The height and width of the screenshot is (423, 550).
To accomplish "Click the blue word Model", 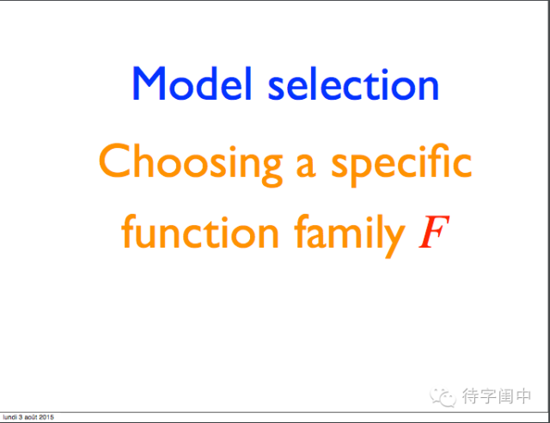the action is pos(192,83).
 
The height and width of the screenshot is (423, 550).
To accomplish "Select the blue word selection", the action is pos(353,84).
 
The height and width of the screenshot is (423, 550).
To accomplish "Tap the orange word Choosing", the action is pos(191,164).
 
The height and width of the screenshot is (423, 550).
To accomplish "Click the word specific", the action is pos(401,164).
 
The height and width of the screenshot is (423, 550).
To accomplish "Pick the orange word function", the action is pos(200,231).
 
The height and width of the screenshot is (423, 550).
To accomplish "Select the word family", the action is pos(350,236).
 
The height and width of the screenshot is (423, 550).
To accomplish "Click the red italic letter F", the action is pos(434,231).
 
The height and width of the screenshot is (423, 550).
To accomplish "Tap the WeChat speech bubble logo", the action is pos(443,397).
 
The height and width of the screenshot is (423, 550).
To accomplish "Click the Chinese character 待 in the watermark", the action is pos(470,396).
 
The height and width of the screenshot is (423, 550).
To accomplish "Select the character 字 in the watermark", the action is pos(488,396).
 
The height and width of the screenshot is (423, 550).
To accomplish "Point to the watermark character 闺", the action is pos(505,396).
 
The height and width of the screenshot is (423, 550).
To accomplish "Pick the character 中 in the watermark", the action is pos(523,396).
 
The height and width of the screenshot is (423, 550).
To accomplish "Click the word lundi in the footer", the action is pos(9,417).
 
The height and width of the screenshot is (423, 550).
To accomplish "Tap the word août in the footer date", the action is pos(31,417).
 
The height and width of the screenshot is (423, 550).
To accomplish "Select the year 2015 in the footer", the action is pos(46,417).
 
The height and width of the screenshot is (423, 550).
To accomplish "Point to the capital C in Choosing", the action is pos(114,160).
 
